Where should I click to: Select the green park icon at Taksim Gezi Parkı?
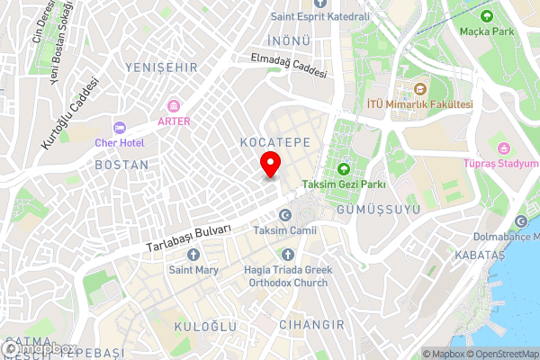344,168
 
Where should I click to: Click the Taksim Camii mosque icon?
285,215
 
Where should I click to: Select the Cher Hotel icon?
121,127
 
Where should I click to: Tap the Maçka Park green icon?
487,16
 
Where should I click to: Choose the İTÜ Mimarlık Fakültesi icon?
419,89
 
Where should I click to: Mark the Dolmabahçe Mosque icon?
521,222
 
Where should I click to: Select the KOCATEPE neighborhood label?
275,143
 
